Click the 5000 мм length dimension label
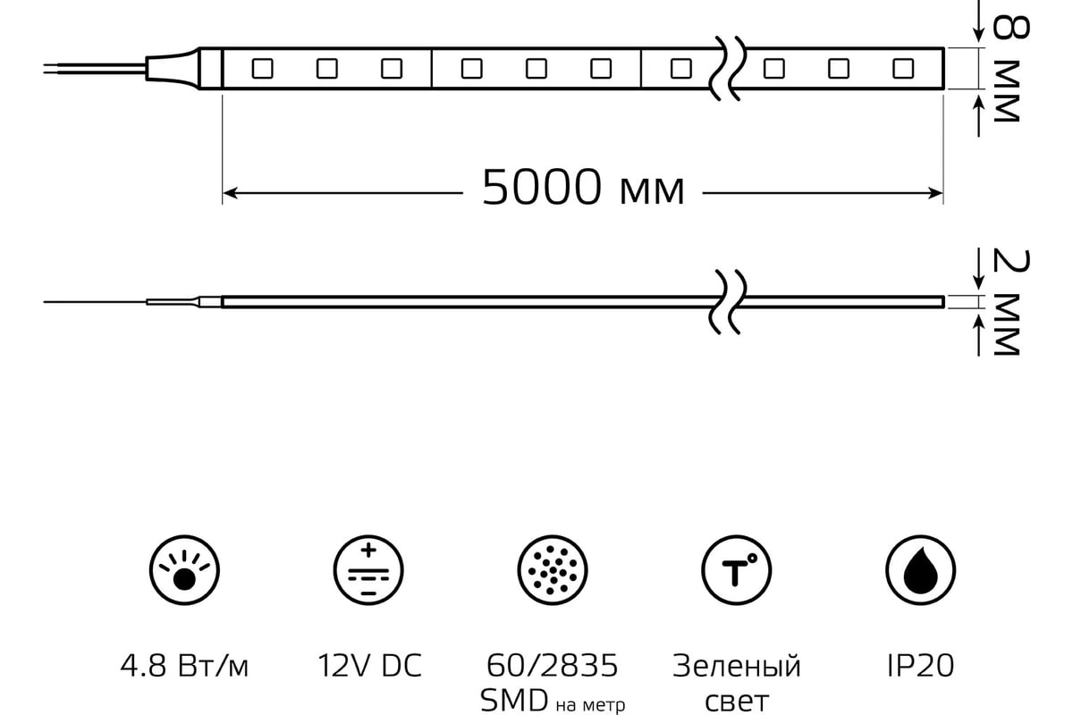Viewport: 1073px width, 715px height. (583, 188)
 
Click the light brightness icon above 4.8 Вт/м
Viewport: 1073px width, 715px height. (184, 570)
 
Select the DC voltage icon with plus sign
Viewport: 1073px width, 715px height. (368, 570)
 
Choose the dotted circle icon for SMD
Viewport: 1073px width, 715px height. (553, 570)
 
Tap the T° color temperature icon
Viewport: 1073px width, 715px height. (736, 570)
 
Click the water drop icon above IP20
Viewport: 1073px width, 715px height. (920, 570)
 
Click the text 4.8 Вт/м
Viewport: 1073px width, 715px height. (184, 666)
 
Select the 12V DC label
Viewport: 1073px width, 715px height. (369, 666)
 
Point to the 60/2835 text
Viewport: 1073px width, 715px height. (553, 666)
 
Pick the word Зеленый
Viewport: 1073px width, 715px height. (737, 666)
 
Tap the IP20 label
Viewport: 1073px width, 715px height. (920, 666)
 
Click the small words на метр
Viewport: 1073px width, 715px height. (591, 705)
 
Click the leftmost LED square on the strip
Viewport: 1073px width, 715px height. (263, 69)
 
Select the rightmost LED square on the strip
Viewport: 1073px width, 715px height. (903, 69)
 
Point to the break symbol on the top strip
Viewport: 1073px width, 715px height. (728, 69)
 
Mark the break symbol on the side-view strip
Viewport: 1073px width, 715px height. (728, 302)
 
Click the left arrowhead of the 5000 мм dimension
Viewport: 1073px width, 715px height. (230, 193)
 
